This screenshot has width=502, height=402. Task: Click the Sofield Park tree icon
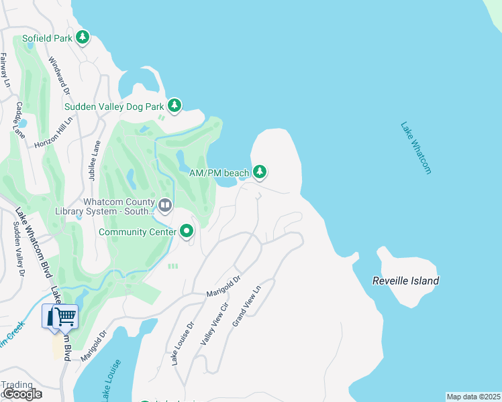tap(83, 38)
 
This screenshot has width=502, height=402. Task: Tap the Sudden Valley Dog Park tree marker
tap(174, 105)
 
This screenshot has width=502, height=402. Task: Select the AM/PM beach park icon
tap(260, 173)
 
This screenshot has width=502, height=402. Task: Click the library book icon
tap(165, 204)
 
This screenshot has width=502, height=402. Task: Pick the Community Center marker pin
tap(187, 232)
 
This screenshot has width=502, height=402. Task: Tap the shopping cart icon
tap(65, 316)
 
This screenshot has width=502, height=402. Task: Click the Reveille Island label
tap(405, 281)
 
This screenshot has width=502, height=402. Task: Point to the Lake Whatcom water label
tap(416, 147)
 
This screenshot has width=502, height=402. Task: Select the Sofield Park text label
tap(47, 38)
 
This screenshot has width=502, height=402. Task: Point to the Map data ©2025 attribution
tap(473, 397)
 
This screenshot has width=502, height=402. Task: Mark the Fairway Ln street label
tap(5, 70)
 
